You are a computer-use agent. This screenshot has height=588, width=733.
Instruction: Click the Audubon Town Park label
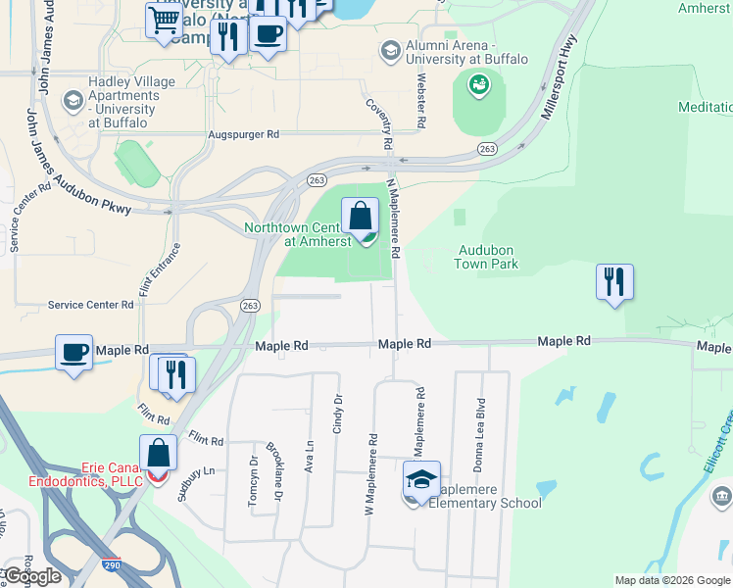tap(487, 257)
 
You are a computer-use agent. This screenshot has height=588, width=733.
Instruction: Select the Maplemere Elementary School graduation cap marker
tap(421, 480)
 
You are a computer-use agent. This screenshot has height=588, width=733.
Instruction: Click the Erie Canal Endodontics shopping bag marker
tap(158, 454)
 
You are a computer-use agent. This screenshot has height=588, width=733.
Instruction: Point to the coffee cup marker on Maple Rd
tap(73, 353)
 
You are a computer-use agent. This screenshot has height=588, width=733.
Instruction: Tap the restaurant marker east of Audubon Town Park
tap(614, 282)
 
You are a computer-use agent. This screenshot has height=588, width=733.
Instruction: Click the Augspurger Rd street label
tap(244, 134)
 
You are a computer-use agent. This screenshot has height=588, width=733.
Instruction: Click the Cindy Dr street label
tap(338, 415)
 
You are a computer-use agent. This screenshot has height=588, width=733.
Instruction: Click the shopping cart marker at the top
tap(164, 21)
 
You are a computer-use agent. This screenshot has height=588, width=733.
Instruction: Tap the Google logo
tap(32, 575)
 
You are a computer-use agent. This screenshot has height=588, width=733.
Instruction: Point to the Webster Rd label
tap(422, 102)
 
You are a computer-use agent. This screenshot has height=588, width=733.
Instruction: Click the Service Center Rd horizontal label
tap(91, 306)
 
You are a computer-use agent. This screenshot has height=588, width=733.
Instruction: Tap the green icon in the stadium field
tap(479, 87)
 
